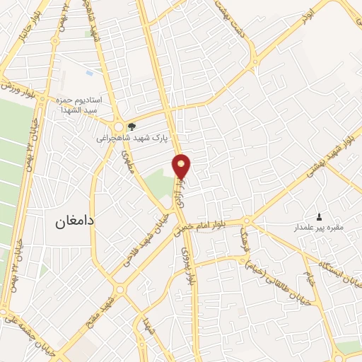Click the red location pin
point(182,165)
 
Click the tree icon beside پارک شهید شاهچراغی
point(132,127)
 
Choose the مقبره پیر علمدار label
point(319,228)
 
